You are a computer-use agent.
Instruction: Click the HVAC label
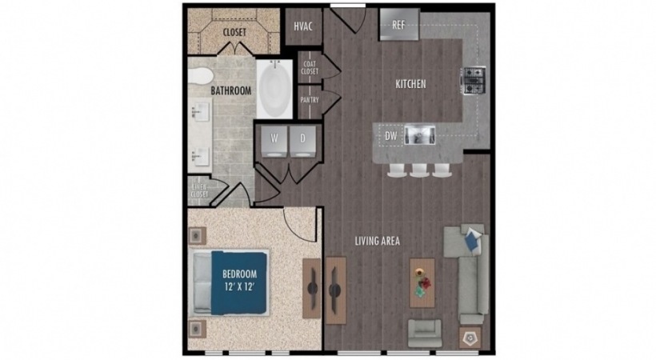click(302, 26)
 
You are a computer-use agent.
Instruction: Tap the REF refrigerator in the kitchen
click(398, 25)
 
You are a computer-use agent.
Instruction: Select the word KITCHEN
click(410, 84)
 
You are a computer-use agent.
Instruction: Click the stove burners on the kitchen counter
click(473, 78)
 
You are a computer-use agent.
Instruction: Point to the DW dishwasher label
click(391, 137)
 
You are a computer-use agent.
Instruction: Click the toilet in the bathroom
click(200, 78)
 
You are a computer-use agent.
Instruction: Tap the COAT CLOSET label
click(310, 67)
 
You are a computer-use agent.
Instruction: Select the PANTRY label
click(310, 101)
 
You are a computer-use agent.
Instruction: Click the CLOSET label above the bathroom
click(234, 32)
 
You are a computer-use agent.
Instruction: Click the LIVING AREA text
click(378, 240)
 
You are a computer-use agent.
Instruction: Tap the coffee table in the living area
click(422, 282)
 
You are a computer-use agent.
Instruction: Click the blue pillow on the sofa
click(473, 238)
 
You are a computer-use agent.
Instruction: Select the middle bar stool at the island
click(418, 170)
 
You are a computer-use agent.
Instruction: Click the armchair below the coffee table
click(424, 332)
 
